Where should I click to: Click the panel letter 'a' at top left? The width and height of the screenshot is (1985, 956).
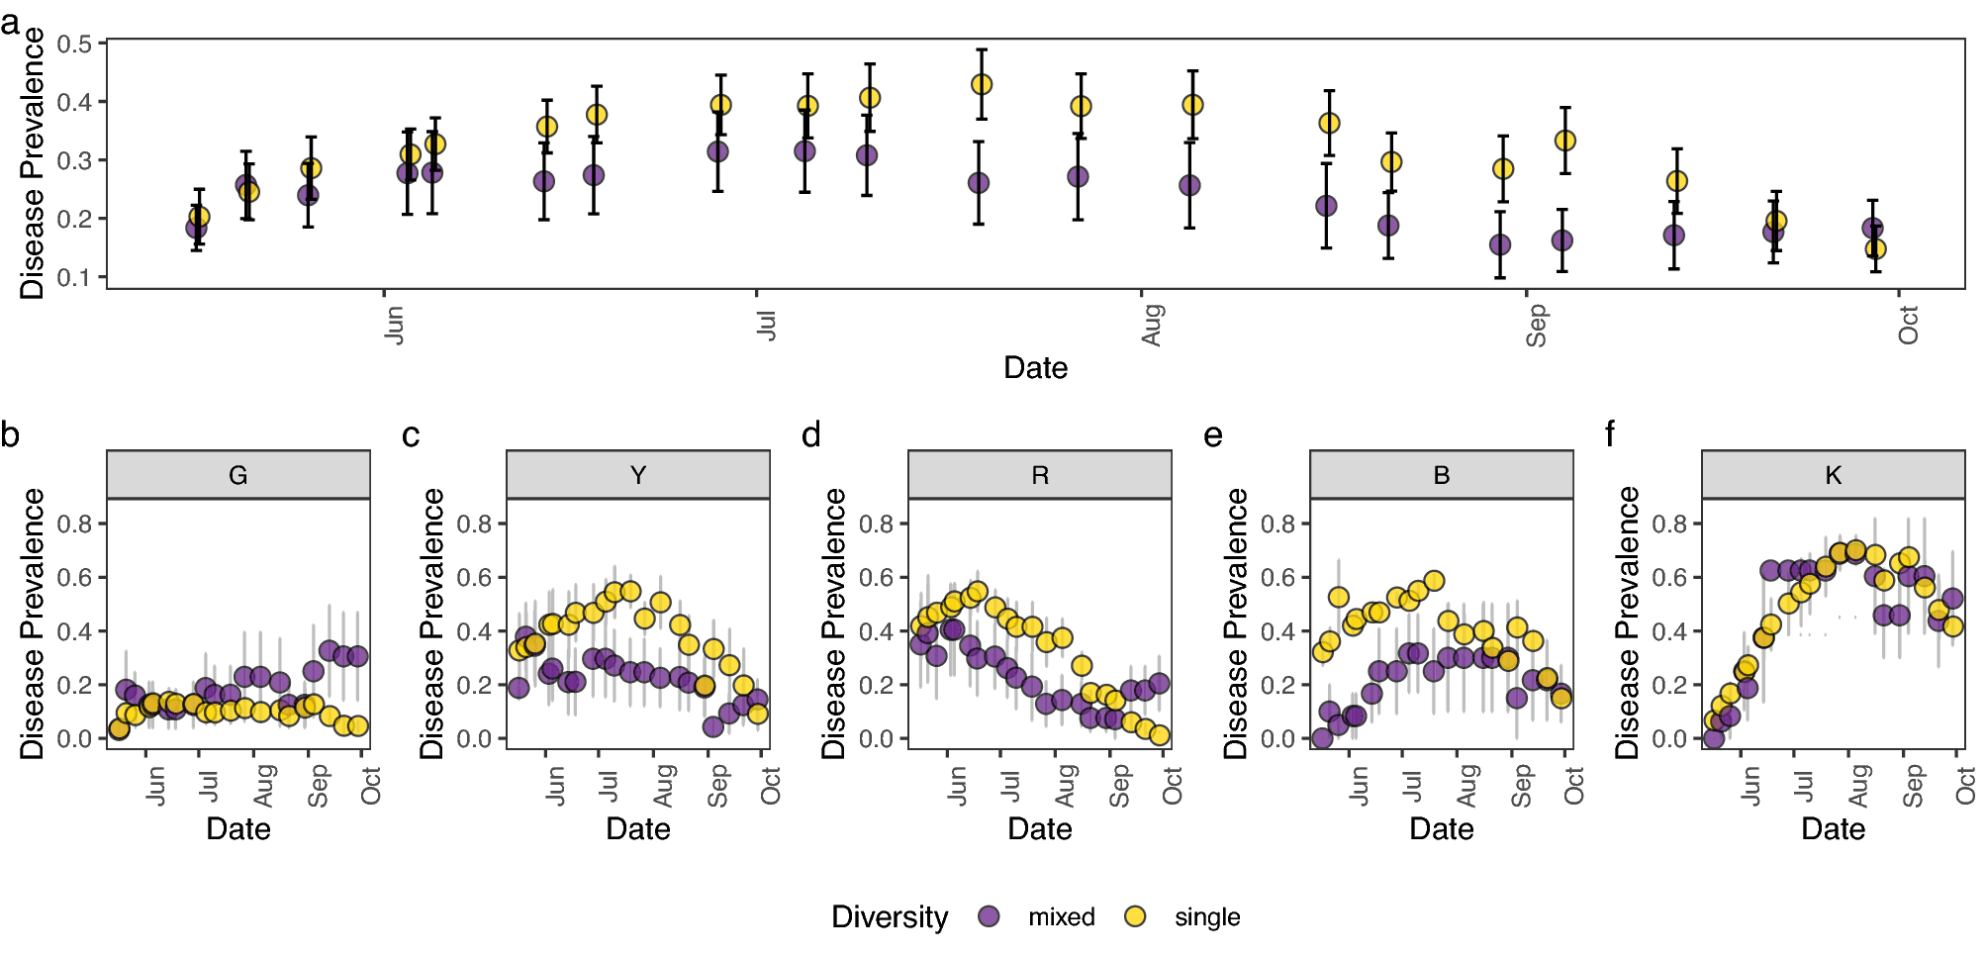(x=10, y=22)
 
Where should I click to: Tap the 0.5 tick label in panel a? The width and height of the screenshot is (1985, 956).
(x=74, y=44)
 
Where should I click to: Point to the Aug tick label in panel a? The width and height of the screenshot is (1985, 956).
(x=1152, y=325)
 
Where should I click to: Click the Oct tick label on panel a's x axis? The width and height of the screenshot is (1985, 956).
(x=1909, y=325)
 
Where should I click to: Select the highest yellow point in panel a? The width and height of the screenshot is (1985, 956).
(x=981, y=84)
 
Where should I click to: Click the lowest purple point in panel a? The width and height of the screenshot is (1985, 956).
(x=1500, y=244)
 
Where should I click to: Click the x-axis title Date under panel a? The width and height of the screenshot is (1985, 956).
(x=1035, y=368)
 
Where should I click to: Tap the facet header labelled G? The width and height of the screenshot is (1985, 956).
(x=238, y=475)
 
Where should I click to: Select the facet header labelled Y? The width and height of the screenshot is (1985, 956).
(x=638, y=475)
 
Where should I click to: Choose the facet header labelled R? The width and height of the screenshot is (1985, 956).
(x=1040, y=475)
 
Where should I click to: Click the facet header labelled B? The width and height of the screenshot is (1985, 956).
(x=1442, y=475)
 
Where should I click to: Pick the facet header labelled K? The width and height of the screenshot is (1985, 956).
(x=1834, y=475)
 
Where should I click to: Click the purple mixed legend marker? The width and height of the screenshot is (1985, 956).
(x=989, y=916)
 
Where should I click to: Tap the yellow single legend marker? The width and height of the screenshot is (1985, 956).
(x=1135, y=916)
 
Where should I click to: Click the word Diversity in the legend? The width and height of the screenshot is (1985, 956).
(x=890, y=916)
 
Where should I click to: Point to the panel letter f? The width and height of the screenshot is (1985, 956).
(x=1610, y=433)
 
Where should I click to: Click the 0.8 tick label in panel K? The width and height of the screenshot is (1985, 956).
(x=1670, y=524)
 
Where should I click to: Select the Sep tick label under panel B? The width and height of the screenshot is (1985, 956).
(x=1522, y=786)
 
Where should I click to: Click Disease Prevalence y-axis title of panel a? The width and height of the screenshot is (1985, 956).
(x=33, y=163)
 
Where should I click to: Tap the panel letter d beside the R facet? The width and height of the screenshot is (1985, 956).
(x=811, y=433)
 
